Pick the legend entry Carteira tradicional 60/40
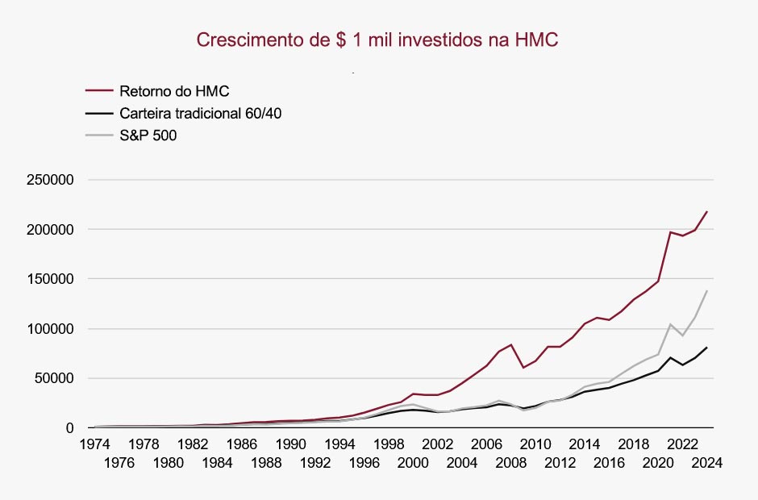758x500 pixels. tap(200, 113)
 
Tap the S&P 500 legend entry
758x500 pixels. tap(148, 135)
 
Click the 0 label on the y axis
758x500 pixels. tap(70, 428)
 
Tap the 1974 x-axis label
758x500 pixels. tap(94, 444)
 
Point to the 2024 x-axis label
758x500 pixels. tap(706, 464)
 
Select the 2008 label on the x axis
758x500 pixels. tap(510, 464)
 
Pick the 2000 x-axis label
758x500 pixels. tap(413, 464)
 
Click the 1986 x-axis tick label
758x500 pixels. tap(241, 444)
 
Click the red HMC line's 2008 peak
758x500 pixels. tap(511, 344)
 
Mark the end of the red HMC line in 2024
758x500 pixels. tap(707, 211)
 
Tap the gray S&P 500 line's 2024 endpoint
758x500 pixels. tap(707, 290)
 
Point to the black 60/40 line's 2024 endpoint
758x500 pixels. tap(707, 348)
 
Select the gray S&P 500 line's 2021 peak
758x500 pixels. tap(670, 324)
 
